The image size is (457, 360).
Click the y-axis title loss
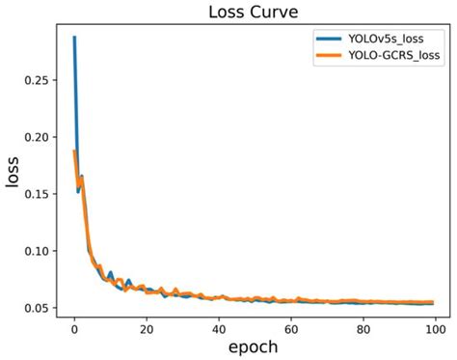click(x=14, y=178)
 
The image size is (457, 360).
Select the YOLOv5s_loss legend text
click(x=388, y=41)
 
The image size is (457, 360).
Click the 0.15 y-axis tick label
click(x=40, y=194)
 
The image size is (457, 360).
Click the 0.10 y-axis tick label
click(x=40, y=251)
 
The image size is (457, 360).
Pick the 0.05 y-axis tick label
click(x=40, y=308)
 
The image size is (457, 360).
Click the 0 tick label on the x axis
click(x=74, y=326)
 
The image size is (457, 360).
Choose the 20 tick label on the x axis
click(x=146, y=326)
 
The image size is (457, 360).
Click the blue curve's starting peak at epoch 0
click(x=74, y=38)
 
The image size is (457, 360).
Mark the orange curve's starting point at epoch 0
click(x=74, y=152)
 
